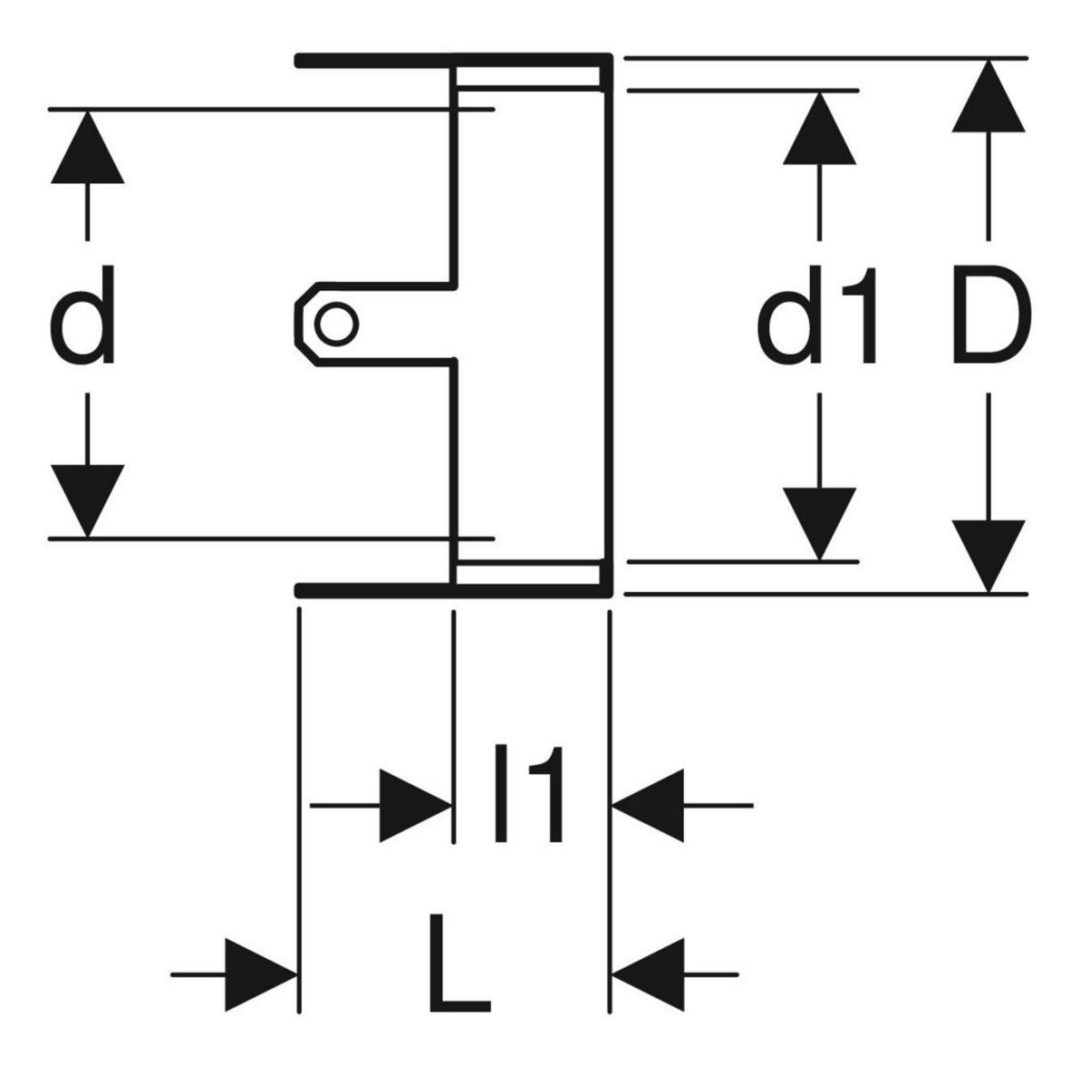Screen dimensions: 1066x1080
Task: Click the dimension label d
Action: (83, 316)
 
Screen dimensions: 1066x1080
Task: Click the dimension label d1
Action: (818, 316)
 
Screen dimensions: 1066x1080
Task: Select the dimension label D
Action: (991, 316)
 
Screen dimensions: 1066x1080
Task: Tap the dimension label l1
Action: (531, 794)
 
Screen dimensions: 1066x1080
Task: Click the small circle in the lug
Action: (337, 324)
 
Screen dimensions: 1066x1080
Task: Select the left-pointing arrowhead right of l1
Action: (650, 805)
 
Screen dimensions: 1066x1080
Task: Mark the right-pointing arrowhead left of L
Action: (261, 975)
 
